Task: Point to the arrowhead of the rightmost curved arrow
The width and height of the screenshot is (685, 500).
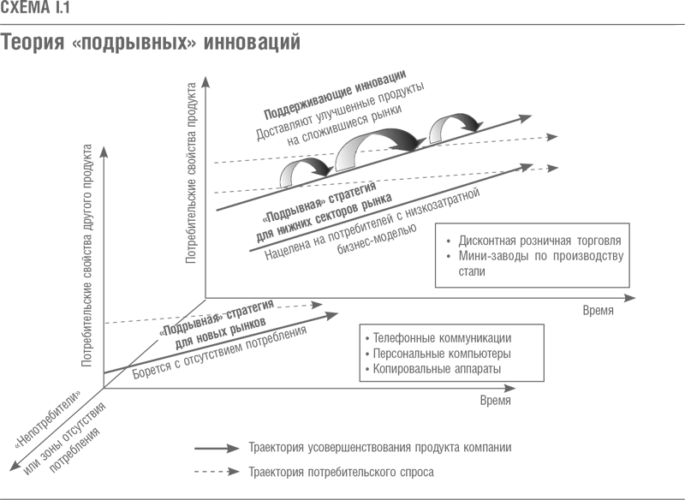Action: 472,125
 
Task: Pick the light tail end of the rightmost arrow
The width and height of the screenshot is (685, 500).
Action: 434,138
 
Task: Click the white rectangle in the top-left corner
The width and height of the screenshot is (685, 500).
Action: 84,10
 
